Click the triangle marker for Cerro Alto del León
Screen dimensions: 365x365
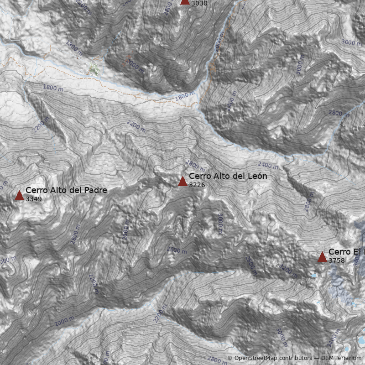[182, 181]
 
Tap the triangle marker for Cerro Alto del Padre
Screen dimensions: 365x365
[19, 195]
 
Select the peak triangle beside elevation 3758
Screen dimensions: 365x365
[322, 257]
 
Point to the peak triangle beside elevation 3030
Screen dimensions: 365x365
[185, 1]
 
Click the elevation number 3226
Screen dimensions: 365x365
[197, 185]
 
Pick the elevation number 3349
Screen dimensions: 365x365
[33, 199]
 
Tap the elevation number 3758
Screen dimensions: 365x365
[336, 261]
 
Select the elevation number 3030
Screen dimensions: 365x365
[199, 4]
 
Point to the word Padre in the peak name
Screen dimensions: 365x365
[96, 190]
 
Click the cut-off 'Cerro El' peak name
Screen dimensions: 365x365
[346, 252]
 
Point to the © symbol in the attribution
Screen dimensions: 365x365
[230, 358]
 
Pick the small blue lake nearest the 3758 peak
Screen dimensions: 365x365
[313, 276]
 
